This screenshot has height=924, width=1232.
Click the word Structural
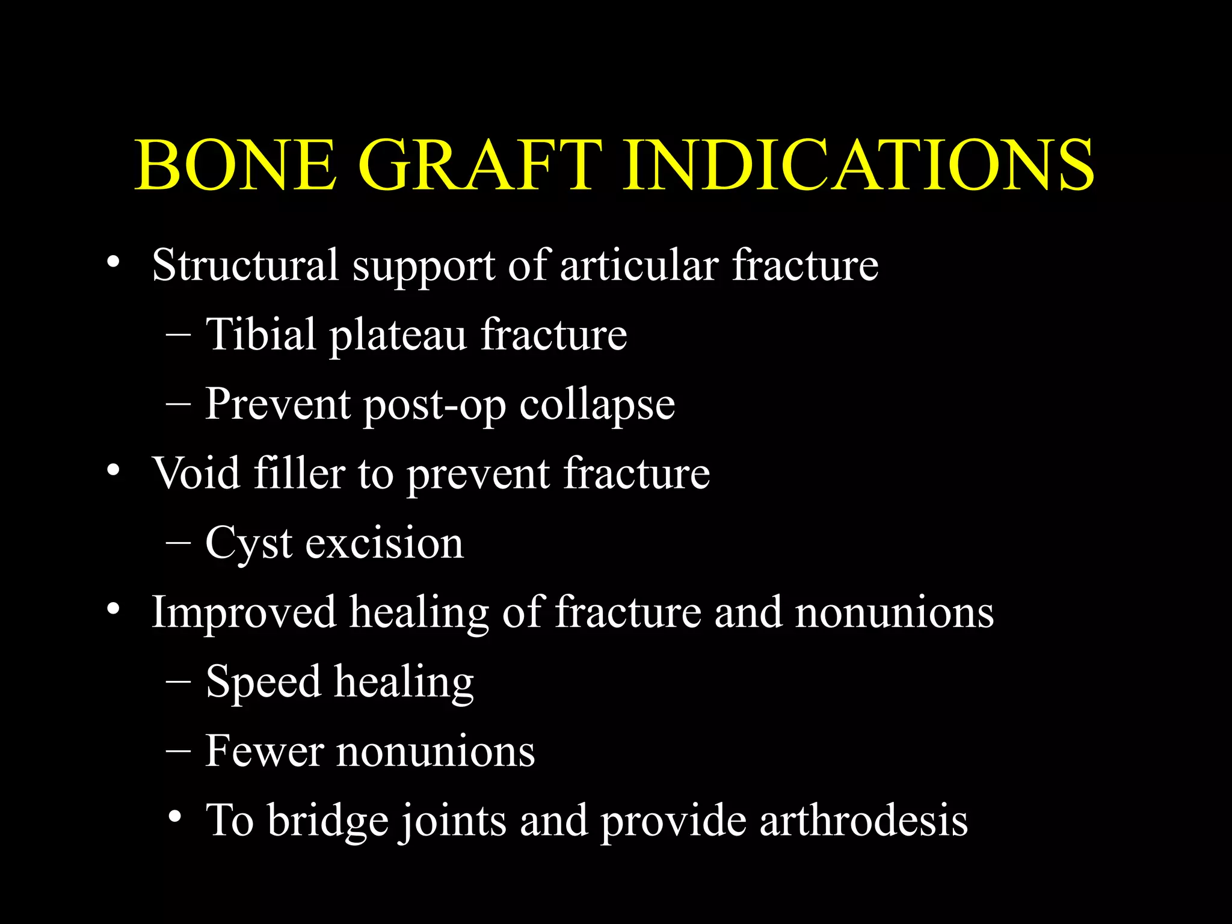[245, 265]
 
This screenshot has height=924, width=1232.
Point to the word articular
[639, 265]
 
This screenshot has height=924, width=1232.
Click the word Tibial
[260, 334]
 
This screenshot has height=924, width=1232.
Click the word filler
[299, 473]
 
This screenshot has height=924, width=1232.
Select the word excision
[384, 543]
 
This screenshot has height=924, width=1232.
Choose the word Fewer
[264, 751]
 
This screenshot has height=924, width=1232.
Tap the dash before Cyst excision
[178, 543]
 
